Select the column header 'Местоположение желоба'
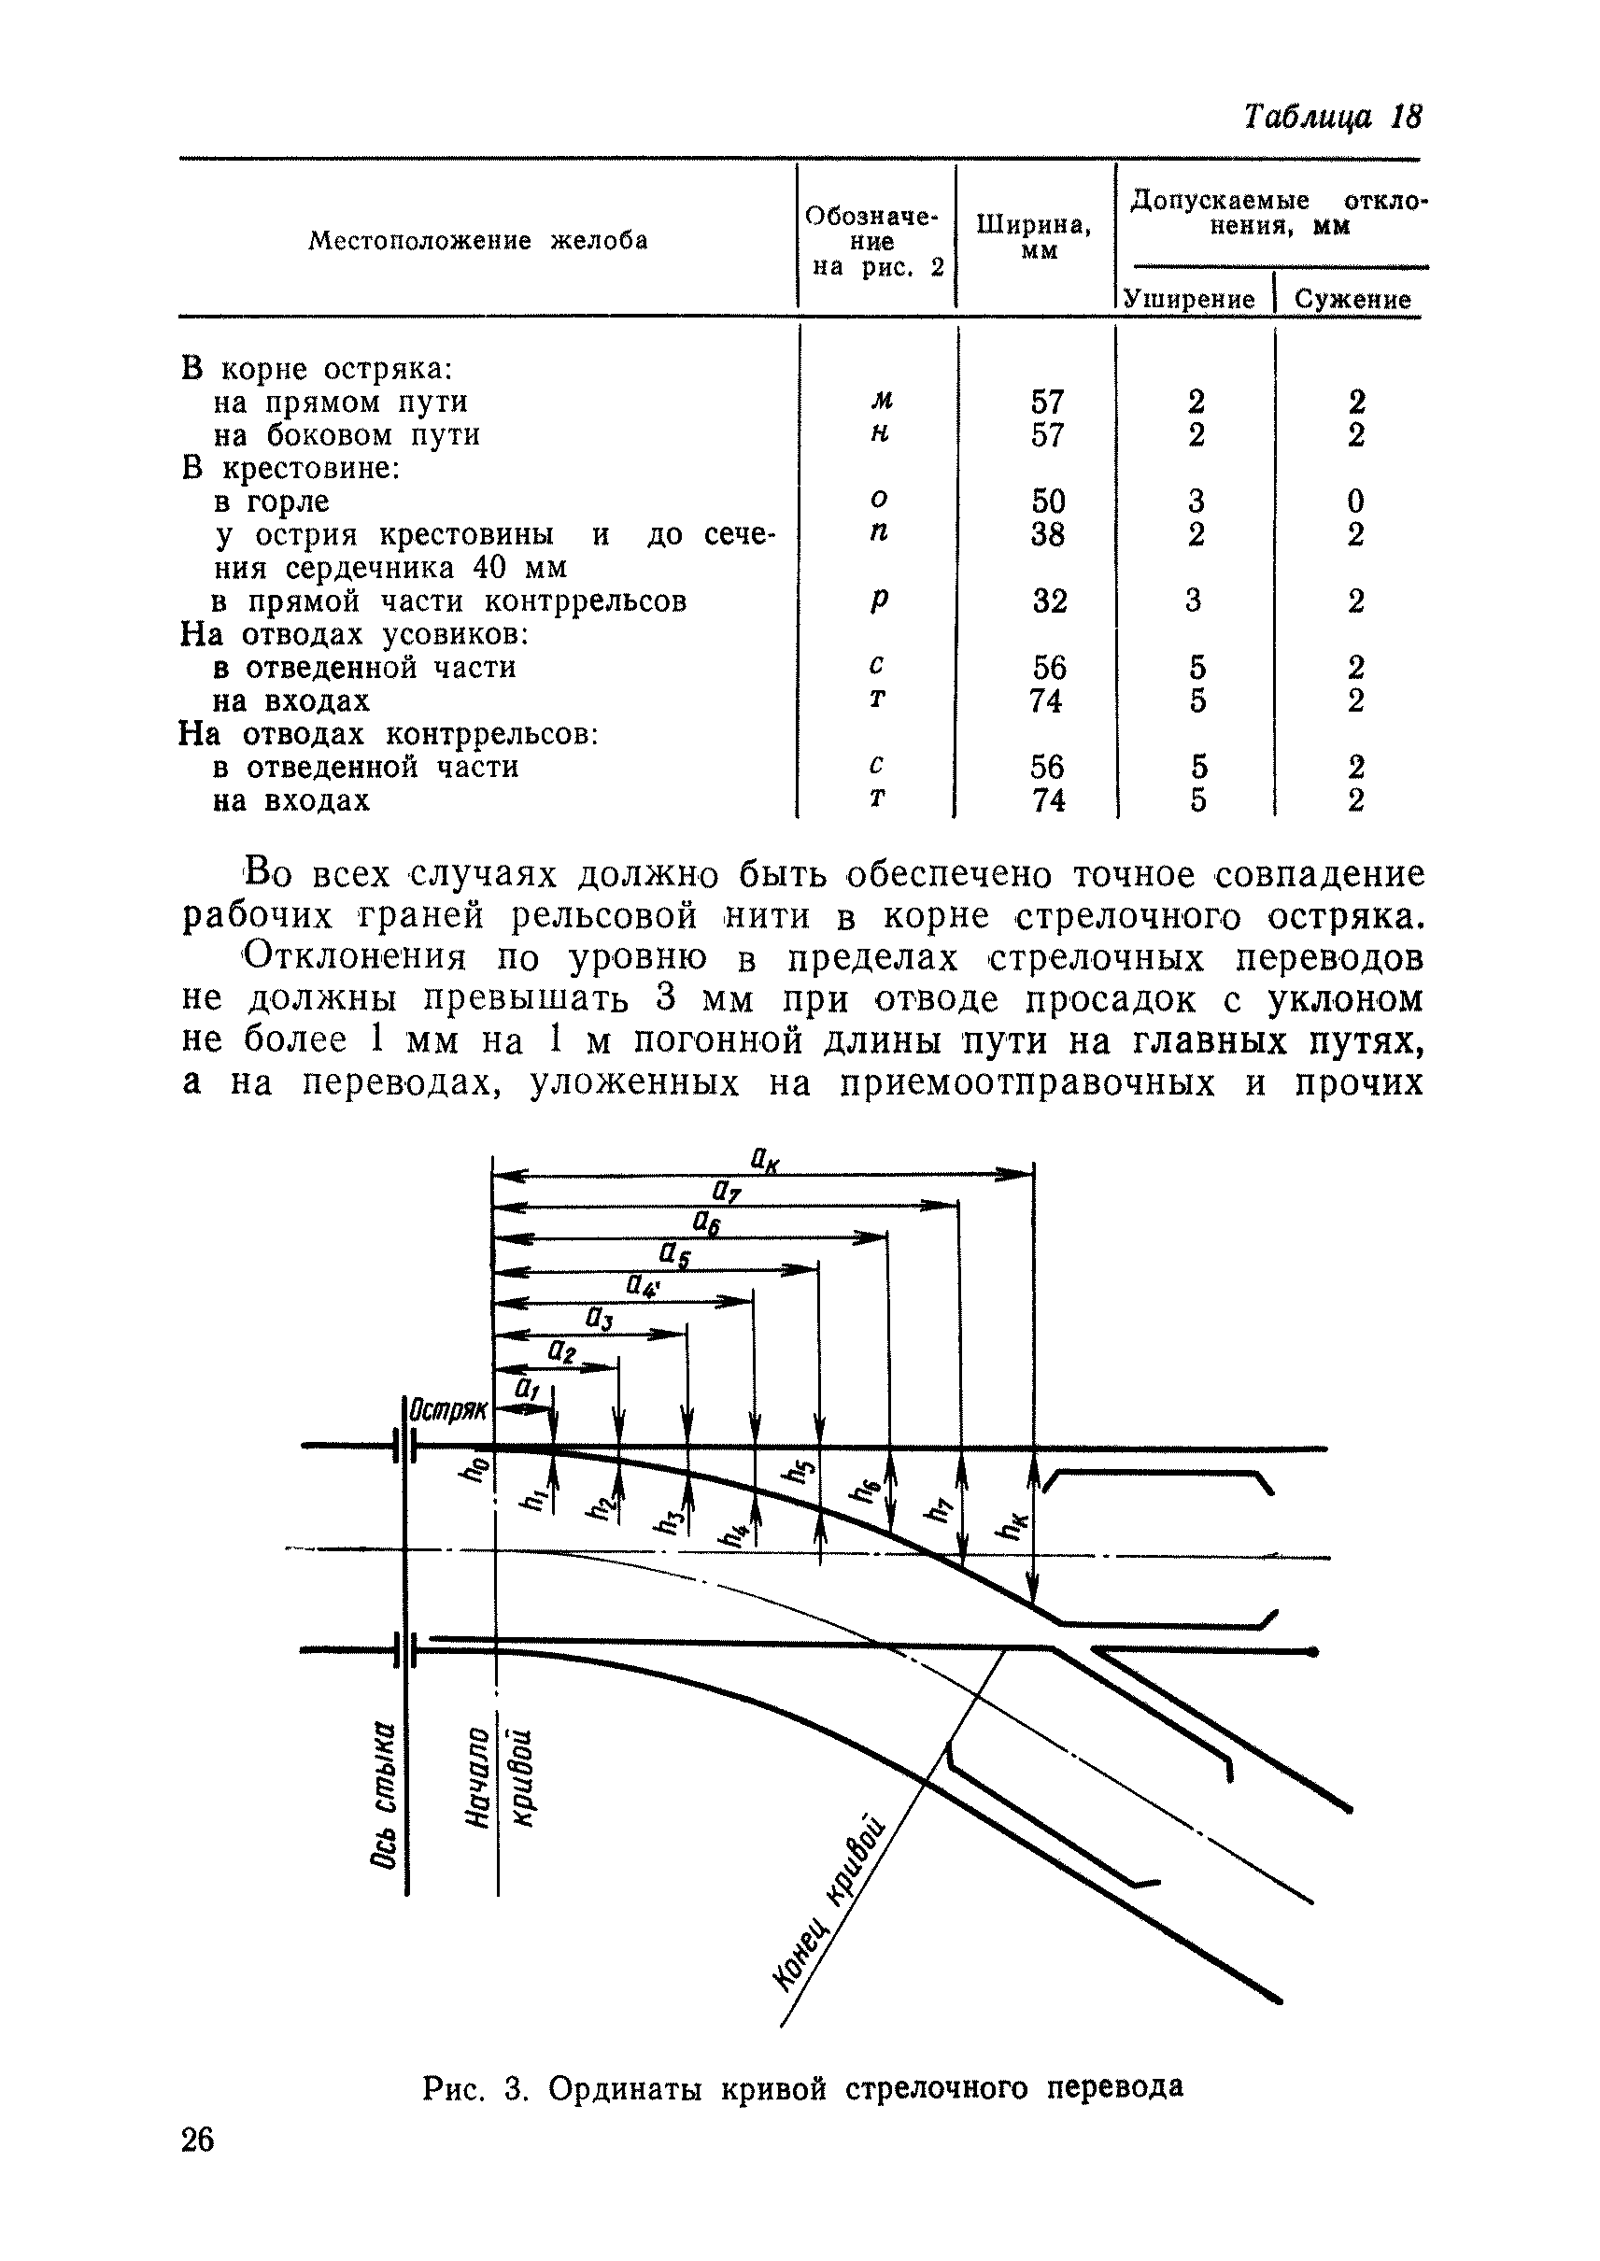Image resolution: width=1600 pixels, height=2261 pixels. tap(478, 241)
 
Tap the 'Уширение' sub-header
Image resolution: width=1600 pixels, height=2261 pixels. tap(1190, 300)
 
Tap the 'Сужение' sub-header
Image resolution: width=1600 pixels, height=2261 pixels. tap(1352, 300)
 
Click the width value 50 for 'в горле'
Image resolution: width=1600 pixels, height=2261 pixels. tap(1048, 502)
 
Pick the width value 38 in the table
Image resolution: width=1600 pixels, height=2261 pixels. tap(1048, 535)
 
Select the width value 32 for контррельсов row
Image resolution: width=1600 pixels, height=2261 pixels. tap(1049, 601)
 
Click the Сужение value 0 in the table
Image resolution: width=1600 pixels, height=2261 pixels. tap(1355, 502)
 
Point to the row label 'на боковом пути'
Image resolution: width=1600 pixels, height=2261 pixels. tap(347, 435)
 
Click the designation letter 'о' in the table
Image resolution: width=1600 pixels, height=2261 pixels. tap(879, 500)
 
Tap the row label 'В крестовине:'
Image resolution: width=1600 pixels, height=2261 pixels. tap(290, 469)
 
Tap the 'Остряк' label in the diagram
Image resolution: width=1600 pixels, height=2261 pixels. tap(448, 1410)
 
